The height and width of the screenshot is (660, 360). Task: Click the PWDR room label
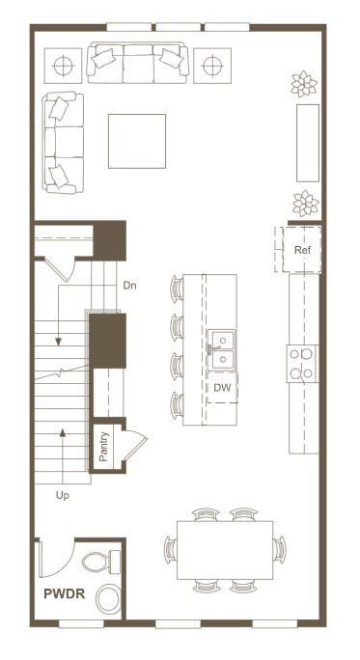coord(65,593)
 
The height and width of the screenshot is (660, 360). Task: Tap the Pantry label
coord(103,447)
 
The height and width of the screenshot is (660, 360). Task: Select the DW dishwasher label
coord(222,388)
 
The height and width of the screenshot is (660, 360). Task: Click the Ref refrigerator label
coord(303,250)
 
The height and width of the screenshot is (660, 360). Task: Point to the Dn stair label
coord(129,286)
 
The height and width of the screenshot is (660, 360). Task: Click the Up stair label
coord(63,496)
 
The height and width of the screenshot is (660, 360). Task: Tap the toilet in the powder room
coord(100,562)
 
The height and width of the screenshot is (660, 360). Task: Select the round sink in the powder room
coord(109,599)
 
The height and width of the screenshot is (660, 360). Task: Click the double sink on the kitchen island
coord(221,350)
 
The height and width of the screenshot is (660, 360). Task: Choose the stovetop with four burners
coord(302,364)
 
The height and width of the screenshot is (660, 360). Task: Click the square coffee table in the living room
coord(137,141)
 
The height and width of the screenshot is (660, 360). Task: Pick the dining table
coord(225,550)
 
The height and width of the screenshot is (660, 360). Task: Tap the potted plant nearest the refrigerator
coord(306,203)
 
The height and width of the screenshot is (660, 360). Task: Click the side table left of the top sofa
coord(63,66)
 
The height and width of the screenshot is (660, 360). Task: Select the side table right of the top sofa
coord(212,66)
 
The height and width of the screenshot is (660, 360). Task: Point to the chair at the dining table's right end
coord(279,549)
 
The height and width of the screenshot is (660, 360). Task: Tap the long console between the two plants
coord(308,143)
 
